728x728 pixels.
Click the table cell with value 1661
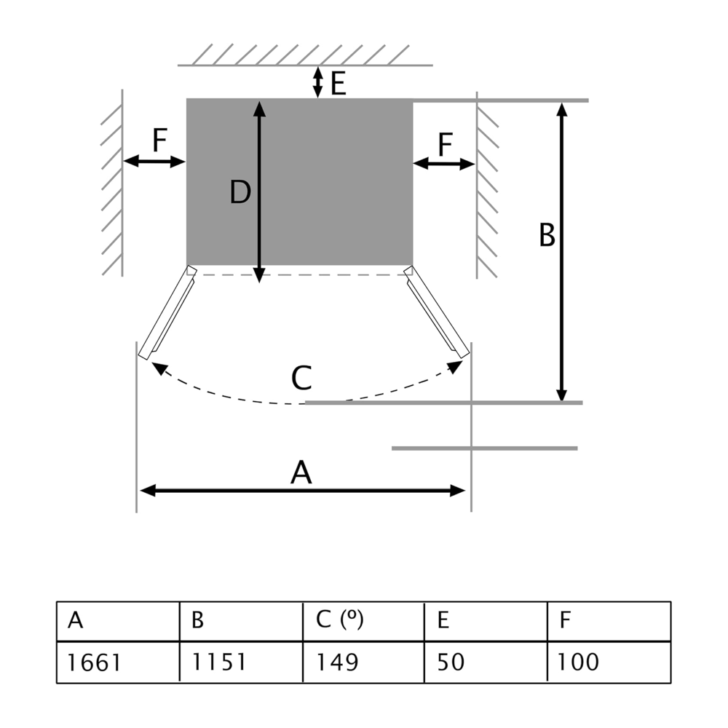(118, 662)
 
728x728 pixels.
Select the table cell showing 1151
(241, 662)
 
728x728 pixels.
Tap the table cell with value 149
(363, 662)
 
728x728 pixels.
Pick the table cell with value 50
(486, 662)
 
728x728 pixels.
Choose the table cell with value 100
(609, 662)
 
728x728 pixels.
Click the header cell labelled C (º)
(363, 620)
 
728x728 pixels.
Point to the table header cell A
(118, 620)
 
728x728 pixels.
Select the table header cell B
(241, 620)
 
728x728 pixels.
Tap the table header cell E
(486, 620)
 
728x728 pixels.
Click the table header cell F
(609, 620)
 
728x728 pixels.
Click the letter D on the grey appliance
(240, 192)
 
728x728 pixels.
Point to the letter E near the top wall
(338, 84)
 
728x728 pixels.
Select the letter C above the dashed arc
(301, 379)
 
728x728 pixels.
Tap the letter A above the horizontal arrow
(301, 473)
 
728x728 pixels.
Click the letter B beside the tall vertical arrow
(547, 236)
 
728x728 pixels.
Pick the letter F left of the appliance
(159, 141)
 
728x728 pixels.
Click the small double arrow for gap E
(317, 82)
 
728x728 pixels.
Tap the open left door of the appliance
(167, 313)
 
